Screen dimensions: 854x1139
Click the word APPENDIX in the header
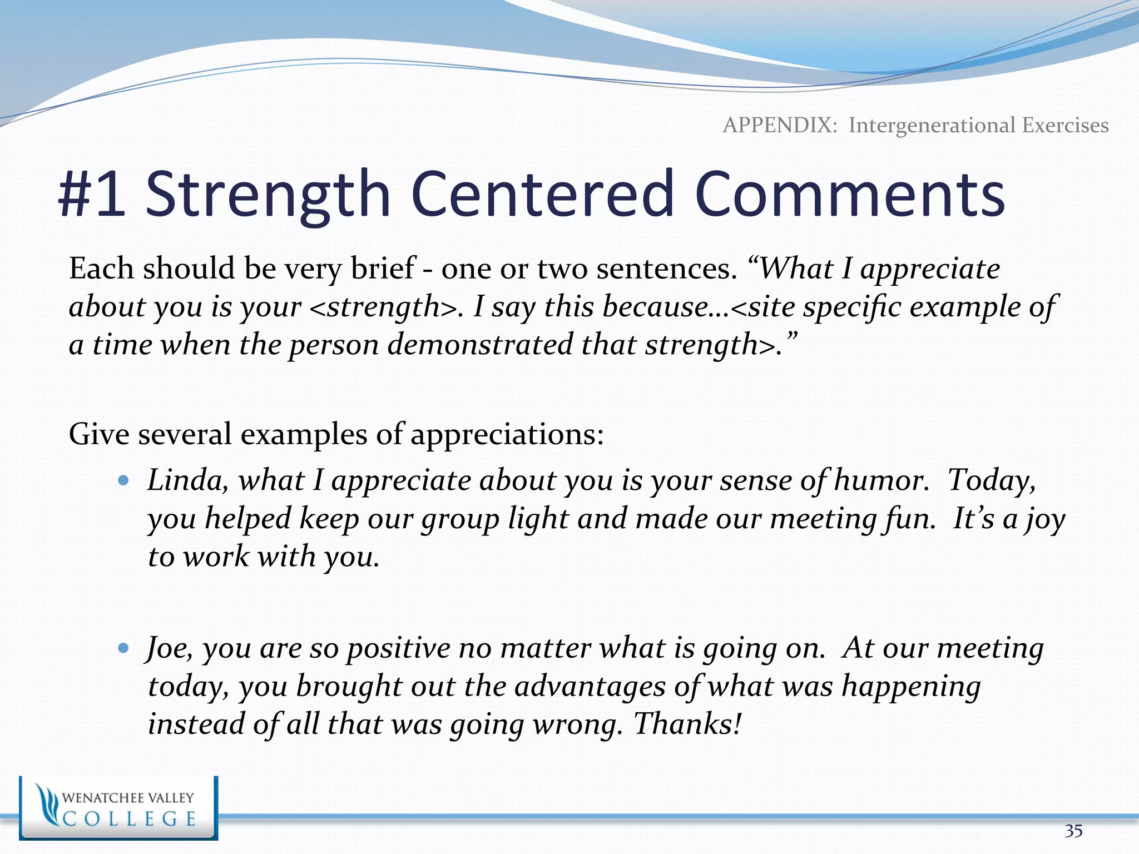(x=780, y=125)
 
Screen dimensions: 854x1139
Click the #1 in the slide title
(x=92, y=195)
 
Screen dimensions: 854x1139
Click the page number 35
(x=1073, y=831)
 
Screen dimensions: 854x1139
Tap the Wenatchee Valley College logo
(x=118, y=808)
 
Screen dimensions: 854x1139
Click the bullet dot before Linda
(x=123, y=480)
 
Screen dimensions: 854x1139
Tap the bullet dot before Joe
(x=123, y=648)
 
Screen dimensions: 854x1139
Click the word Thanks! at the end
(x=687, y=724)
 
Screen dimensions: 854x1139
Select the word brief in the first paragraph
(x=383, y=269)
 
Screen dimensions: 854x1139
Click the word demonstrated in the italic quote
(x=480, y=345)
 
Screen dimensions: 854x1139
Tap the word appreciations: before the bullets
(x=507, y=434)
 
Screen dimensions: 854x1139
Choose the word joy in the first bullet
(x=1045, y=519)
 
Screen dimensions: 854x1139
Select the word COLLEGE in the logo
(x=129, y=819)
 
